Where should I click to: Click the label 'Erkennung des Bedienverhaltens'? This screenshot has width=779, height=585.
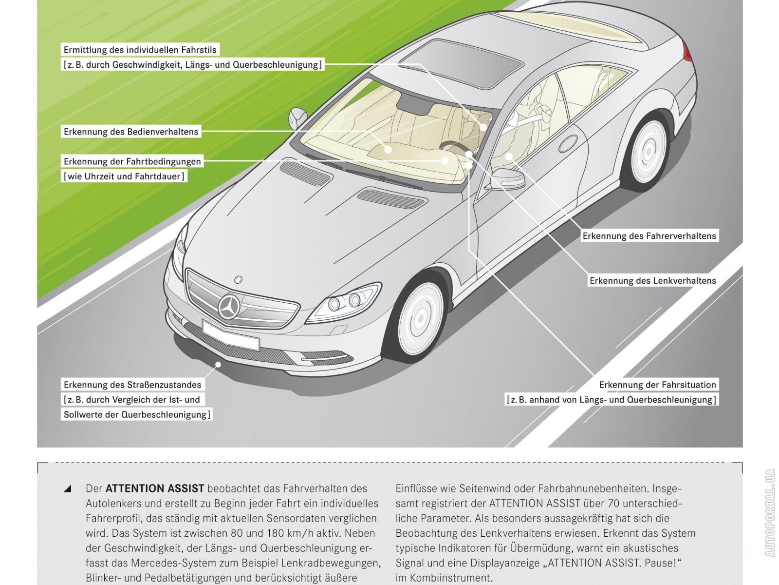click(x=131, y=132)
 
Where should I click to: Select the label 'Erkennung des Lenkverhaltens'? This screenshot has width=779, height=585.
click(x=652, y=281)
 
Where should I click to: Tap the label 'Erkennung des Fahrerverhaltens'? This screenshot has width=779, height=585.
click(x=649, y=236)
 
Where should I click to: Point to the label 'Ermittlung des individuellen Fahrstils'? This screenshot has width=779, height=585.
click(x=140, y=50)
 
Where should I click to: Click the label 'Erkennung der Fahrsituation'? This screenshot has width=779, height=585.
click(x=657, y=385)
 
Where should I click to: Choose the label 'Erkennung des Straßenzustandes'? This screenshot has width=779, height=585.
click(x=132, y=385)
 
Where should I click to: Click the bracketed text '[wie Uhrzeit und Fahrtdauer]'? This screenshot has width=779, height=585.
click(x=124, y=176)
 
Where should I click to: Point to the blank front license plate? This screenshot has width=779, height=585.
click(x=230, y=335)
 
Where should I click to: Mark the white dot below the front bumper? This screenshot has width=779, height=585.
click(x=219, y=364)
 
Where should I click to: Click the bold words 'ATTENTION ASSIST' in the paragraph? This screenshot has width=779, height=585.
click(x=155, y=488)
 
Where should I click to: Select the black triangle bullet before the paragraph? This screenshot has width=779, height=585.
click(x=68, y=488)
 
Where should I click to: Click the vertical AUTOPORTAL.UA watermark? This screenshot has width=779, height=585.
click(x=770, y=512)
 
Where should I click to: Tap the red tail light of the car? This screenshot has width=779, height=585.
click(x=687, y=51)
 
